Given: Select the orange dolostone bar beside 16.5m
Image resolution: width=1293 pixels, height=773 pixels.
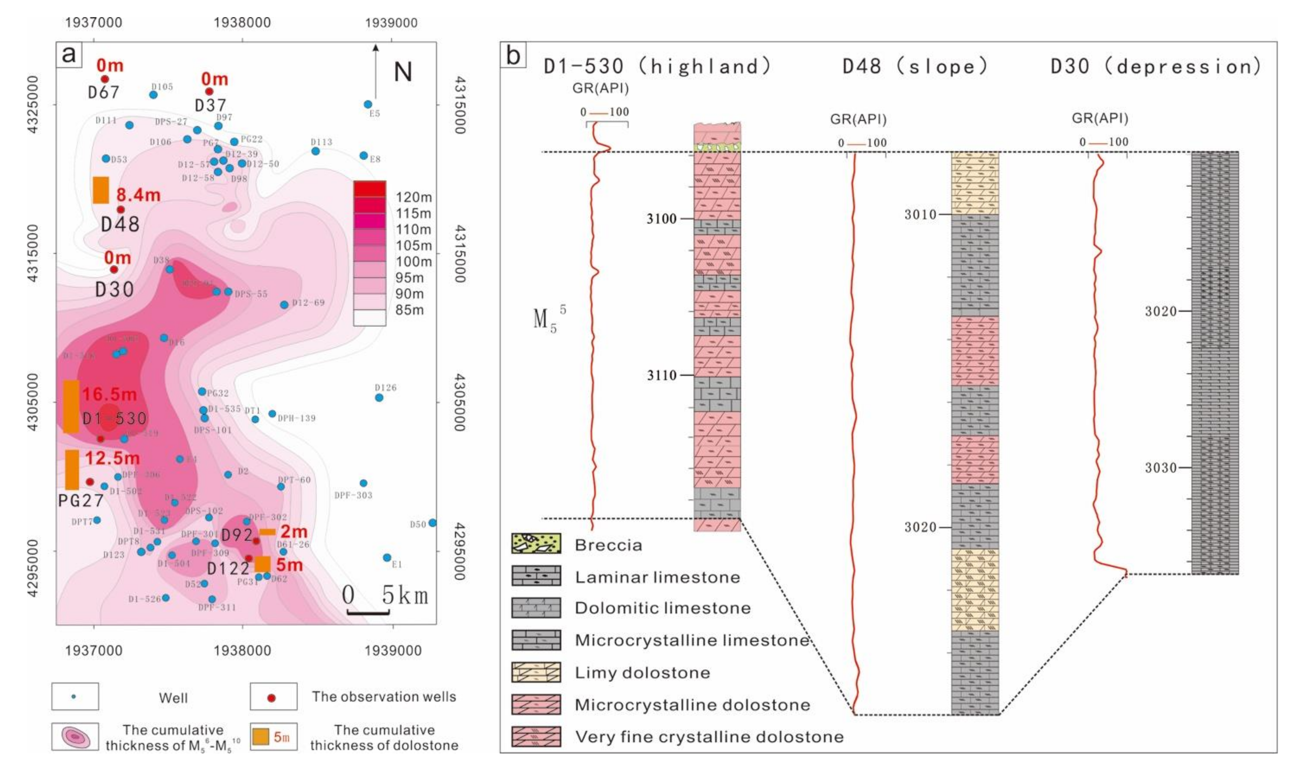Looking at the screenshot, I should [71, 406].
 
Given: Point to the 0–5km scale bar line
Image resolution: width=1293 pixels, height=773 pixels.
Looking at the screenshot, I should [368, 613].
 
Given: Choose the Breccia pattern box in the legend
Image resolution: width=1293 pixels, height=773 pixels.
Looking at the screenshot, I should [536, 544].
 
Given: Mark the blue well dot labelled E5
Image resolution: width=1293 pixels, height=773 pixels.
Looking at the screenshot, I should [368, 104].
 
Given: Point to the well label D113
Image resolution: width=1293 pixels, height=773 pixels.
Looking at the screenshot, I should [321, 142].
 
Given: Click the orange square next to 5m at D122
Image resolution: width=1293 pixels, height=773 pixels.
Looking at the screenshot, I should [262, 564].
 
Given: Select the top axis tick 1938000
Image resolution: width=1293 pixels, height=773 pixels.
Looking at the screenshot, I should [242, 23].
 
